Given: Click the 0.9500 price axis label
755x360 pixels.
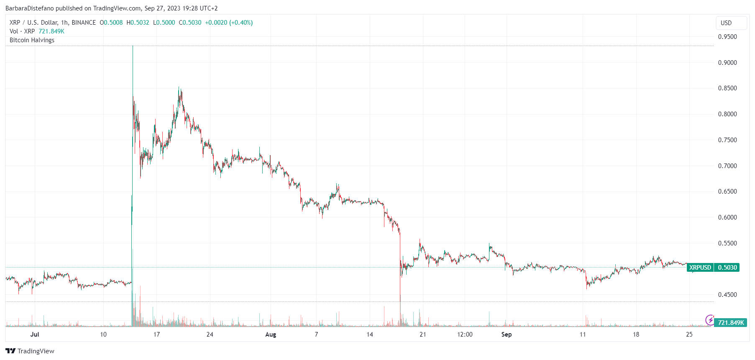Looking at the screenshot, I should click(727, 37).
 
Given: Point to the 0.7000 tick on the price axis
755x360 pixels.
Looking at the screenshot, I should click(727, 166).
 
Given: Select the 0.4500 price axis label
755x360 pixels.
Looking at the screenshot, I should click(727, 295).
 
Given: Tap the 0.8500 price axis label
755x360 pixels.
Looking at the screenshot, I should click(727, 88).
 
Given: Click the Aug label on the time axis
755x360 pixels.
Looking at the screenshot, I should click(271, 334).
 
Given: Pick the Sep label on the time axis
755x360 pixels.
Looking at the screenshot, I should click(506, 334).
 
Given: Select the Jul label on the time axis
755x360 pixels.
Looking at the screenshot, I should click(35, 334).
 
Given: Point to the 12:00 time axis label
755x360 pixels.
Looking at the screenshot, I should click(465, 334).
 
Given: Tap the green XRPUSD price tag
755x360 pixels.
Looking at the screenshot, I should click(700, 268).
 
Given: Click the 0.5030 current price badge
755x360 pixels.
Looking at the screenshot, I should click(727, 268).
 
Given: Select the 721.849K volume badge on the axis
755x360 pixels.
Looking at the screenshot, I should click(731, 323).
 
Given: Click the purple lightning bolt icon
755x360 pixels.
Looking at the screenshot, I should click(710, 320).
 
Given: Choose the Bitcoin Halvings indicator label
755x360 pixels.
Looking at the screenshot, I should click(32, 40).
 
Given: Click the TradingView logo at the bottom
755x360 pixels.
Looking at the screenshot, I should click(30, 351).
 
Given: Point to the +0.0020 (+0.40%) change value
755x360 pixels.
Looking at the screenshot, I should click(229, 23).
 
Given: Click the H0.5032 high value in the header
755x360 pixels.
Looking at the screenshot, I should click(138, 23).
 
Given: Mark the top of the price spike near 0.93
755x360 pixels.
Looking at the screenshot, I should click(133, 46).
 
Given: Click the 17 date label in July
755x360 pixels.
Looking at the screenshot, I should click(156, 334).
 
